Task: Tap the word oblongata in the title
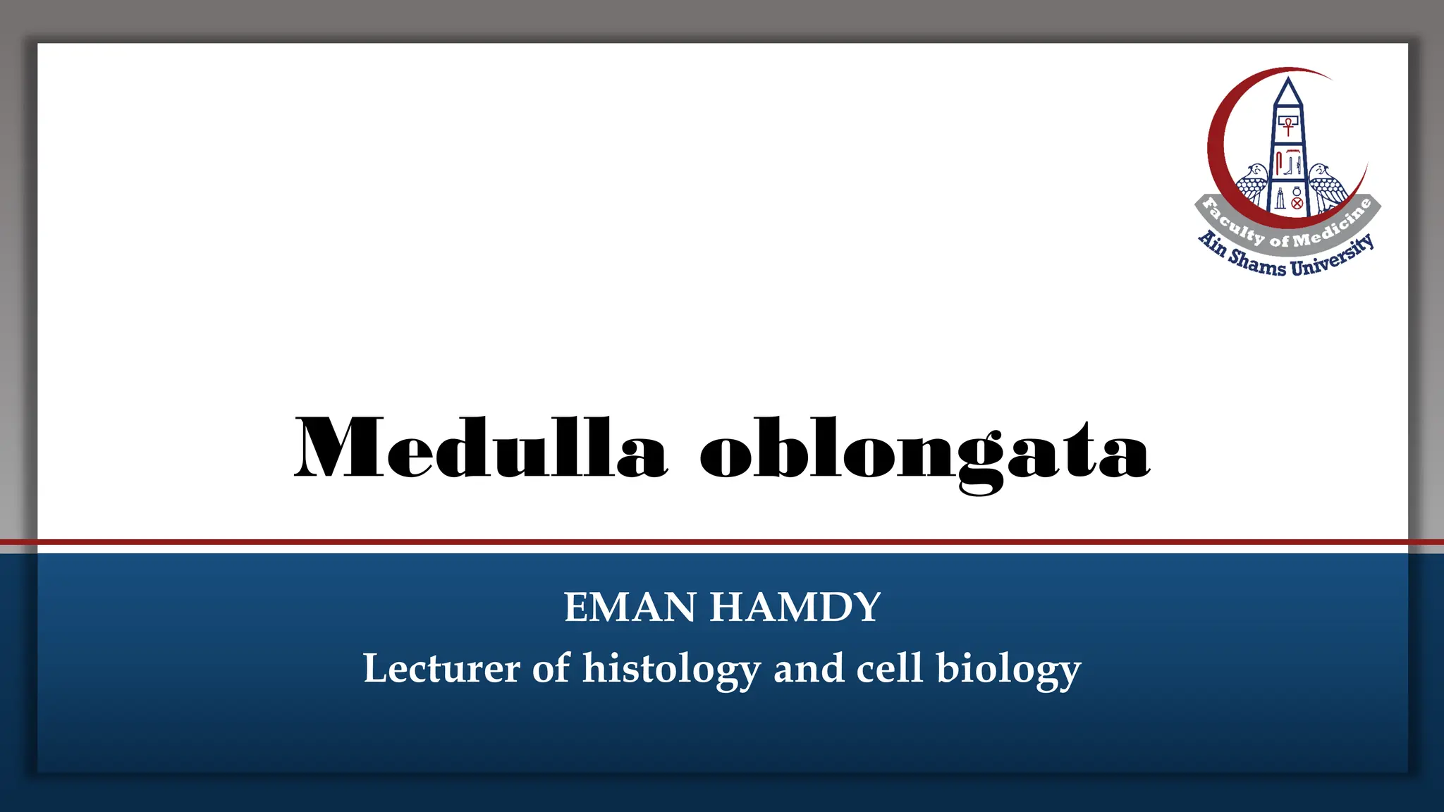tap(924, 451)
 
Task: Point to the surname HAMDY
tap(795, 607)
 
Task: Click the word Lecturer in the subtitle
tap(441, 668)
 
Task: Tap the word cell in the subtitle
tap(889, 668)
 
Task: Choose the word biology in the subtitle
tap(1008, 670)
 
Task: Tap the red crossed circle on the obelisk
tap(1297, 203)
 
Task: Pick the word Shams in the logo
tap(1257, 263)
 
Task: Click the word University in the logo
tap(1333, 257)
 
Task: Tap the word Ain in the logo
tap(1213, 242)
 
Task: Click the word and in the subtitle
tap(809, 668)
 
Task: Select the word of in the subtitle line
tap(551, 668)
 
